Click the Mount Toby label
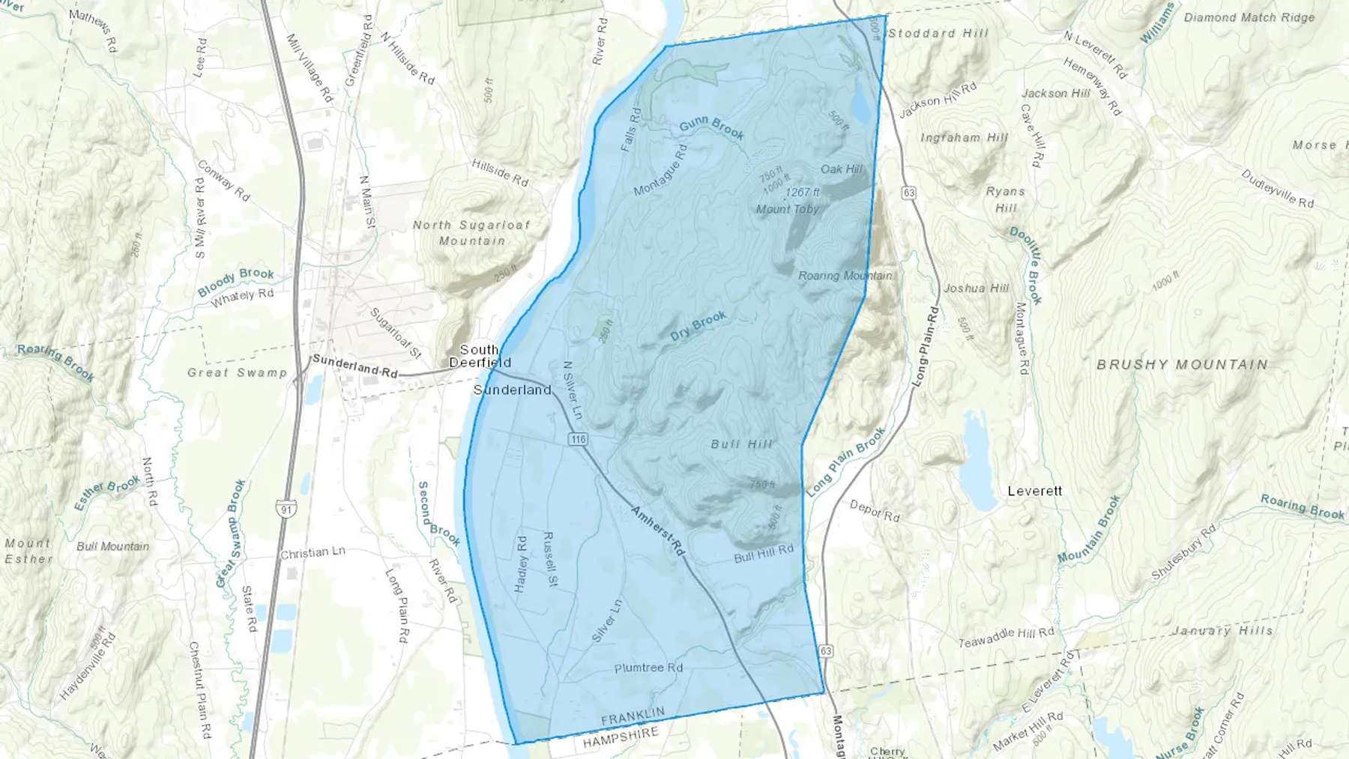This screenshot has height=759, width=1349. [x=787, y=209]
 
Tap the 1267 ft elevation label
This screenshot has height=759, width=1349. [x=802, y=193]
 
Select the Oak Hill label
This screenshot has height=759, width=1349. [x=841, y=169]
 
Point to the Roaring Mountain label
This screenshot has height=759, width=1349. [x=845, y=276]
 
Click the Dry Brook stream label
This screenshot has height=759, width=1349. [x=698, y=326]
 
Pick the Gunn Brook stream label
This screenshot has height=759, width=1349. [x=711, y=128]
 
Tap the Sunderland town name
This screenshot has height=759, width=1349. [x=512, y=390]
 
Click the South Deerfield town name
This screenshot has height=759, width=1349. [x=480, y=356]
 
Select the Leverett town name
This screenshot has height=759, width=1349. [x=1034, y=491]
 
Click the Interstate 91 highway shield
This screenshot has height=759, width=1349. [x=286, y=509]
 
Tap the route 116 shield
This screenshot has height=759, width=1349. [x=577, y=439]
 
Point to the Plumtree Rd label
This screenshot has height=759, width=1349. [x=648, y=668]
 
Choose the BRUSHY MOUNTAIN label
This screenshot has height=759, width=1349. [x=1182, y=365]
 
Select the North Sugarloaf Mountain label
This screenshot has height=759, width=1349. [x=471, y=232]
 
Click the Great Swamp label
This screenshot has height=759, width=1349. [x=237, y=372]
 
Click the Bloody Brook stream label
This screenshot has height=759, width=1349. [x=236, y=282]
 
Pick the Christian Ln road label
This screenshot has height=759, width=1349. [x=313, y=553]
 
